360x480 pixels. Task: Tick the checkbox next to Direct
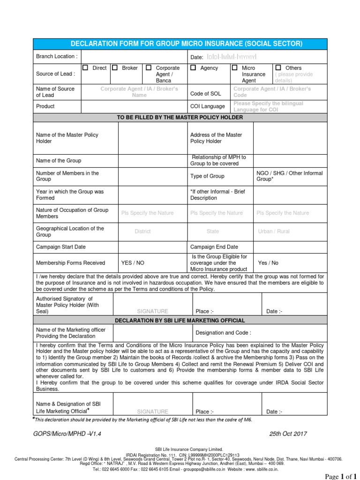coord(85,68)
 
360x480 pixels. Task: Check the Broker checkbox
coord(115,68)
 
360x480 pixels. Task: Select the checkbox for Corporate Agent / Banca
coord(149,68)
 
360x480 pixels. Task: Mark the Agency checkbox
coord(193,68)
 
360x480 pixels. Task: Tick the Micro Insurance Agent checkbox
coord(234,68)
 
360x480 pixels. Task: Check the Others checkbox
coord(278,68)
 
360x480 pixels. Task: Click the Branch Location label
coord(57,56)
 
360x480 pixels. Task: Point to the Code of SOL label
coord(205,94)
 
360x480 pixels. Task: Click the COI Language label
coord(208,106)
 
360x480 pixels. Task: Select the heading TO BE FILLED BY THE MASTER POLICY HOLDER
coord(180,117)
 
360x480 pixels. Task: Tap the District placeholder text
coord(142,232)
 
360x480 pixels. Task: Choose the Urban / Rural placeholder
coord(274,232)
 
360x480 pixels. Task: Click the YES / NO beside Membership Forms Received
coord(133,263)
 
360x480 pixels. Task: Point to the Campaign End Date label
coord(214,247)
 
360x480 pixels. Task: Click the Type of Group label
coord(207,176)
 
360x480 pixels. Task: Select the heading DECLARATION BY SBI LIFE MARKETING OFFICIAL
coord(180,321)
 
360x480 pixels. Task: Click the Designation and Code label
coord(223,333)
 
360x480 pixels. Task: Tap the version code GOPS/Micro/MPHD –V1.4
coord(67,434)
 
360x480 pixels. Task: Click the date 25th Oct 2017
coord(288,434)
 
